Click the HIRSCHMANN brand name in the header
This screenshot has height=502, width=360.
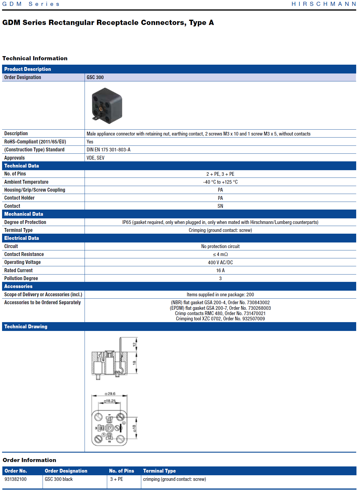point(324,4)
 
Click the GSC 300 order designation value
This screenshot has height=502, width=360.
point(95,77)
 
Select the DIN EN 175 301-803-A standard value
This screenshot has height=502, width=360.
point(108,150)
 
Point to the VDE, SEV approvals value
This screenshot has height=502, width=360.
point(95,158)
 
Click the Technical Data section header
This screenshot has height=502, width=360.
point(21,166)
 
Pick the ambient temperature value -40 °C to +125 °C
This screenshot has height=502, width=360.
point(220,182)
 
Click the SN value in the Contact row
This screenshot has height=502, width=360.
point(220,206)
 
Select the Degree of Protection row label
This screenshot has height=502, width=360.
point(25,222)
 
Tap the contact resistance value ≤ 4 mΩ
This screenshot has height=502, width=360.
point(220,254)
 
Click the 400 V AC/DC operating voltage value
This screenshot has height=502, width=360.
point(220,262)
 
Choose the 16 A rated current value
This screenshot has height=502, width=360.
point(220,270)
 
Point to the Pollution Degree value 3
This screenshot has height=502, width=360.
point(220,278)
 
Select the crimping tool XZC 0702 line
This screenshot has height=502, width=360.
point(220,319)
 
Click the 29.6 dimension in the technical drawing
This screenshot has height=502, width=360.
point(111,394)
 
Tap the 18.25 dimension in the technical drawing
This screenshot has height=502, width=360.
point(110,401)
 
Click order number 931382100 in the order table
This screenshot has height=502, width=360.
point(16,479)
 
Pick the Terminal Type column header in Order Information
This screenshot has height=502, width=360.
point(159,471)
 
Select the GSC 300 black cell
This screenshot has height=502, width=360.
point(59,479)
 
